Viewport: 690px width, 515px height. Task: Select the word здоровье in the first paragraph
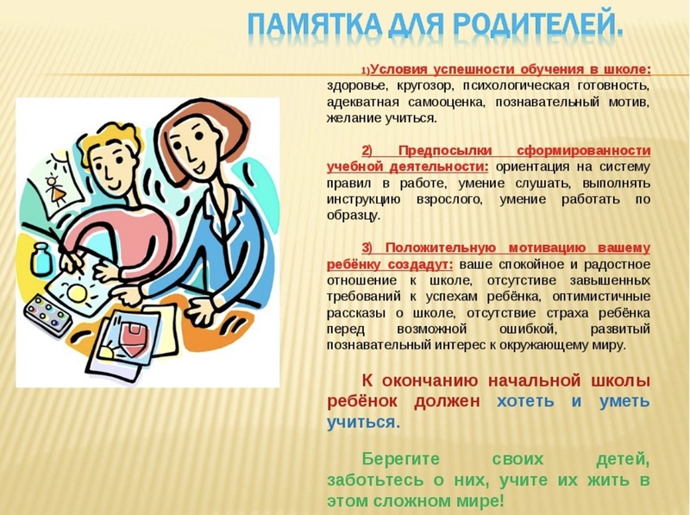pyautogui.click(x=357, y=86)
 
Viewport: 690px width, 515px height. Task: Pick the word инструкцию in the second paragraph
pyautogui.click(x=363, y=200)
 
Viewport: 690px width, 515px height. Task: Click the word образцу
pyautogui.click(x=353, y=217)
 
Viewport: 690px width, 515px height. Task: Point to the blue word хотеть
pyautogui.click(x=525, y=401)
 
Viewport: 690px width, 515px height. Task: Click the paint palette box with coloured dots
pyautogui.click(x=47, y=314)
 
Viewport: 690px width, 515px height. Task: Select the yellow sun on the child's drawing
pyautogui.click(x=77, y=293)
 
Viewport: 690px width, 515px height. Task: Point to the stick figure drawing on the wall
pyautogui.click(x=56, y=190)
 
